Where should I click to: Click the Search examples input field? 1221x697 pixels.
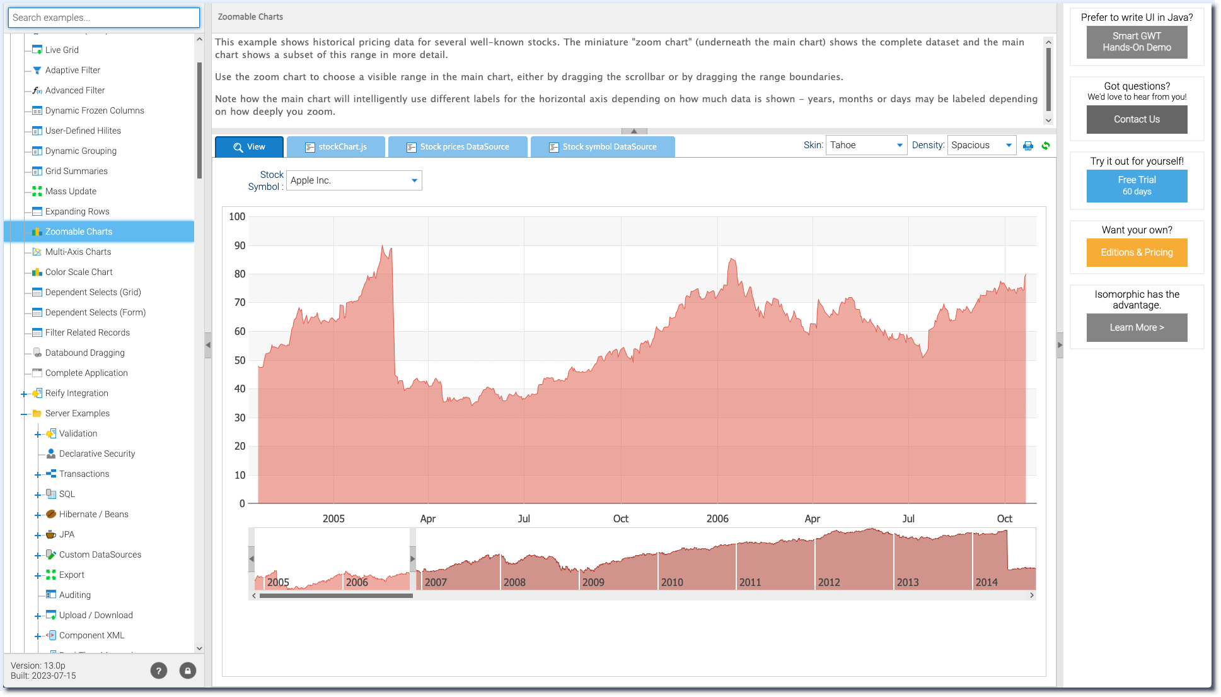[x=104, y=18]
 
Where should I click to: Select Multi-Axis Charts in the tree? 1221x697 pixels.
[x=78, y=252]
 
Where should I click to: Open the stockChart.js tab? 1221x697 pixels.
[x=336, y=147]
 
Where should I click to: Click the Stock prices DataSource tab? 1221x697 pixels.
[x=458, y=147]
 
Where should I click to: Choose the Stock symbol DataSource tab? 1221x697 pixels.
[x=603, y=147]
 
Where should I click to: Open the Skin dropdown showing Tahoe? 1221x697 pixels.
[x=866, y=145]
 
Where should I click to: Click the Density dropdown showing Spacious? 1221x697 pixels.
[x=982, y=145]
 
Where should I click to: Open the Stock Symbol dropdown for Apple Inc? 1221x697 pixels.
[x=354, y=180]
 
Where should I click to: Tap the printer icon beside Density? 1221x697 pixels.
[x=1028, y=146]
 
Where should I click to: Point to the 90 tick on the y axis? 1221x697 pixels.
[x=240, y=245]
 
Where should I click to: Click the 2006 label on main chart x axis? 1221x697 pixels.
[x=717, y=518]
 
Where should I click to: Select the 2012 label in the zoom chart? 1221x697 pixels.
[x=829, y=582]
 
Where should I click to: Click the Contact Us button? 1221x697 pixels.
[x=1137, y=119]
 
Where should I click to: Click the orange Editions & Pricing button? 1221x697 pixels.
[x=1137, y=252]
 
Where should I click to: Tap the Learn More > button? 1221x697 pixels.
[x=1137, y=327]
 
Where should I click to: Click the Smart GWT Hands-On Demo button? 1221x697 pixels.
[x=1137, y=42]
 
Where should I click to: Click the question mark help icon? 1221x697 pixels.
[x=159, y=671]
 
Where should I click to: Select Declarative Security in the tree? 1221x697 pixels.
[x=97, y=454]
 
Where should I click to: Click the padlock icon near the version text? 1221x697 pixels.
[x=188, y=671]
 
